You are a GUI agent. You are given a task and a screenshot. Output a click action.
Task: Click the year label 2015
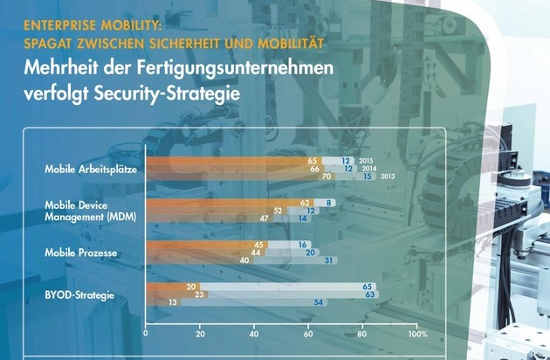click(367, 161)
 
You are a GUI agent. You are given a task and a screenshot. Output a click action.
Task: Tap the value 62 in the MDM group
click(305, 203)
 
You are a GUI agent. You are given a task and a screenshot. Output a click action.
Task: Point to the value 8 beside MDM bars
click(328, 203)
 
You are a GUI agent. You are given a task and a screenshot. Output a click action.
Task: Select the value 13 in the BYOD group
click(172, 302)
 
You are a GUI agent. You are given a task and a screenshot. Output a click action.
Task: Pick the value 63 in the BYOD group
click(370, 294)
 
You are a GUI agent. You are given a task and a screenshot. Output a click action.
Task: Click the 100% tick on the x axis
click(416, 334)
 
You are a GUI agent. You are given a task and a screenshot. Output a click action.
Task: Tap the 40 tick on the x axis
click(254, 334)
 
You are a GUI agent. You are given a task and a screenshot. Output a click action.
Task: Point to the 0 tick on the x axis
click(146, 334)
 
